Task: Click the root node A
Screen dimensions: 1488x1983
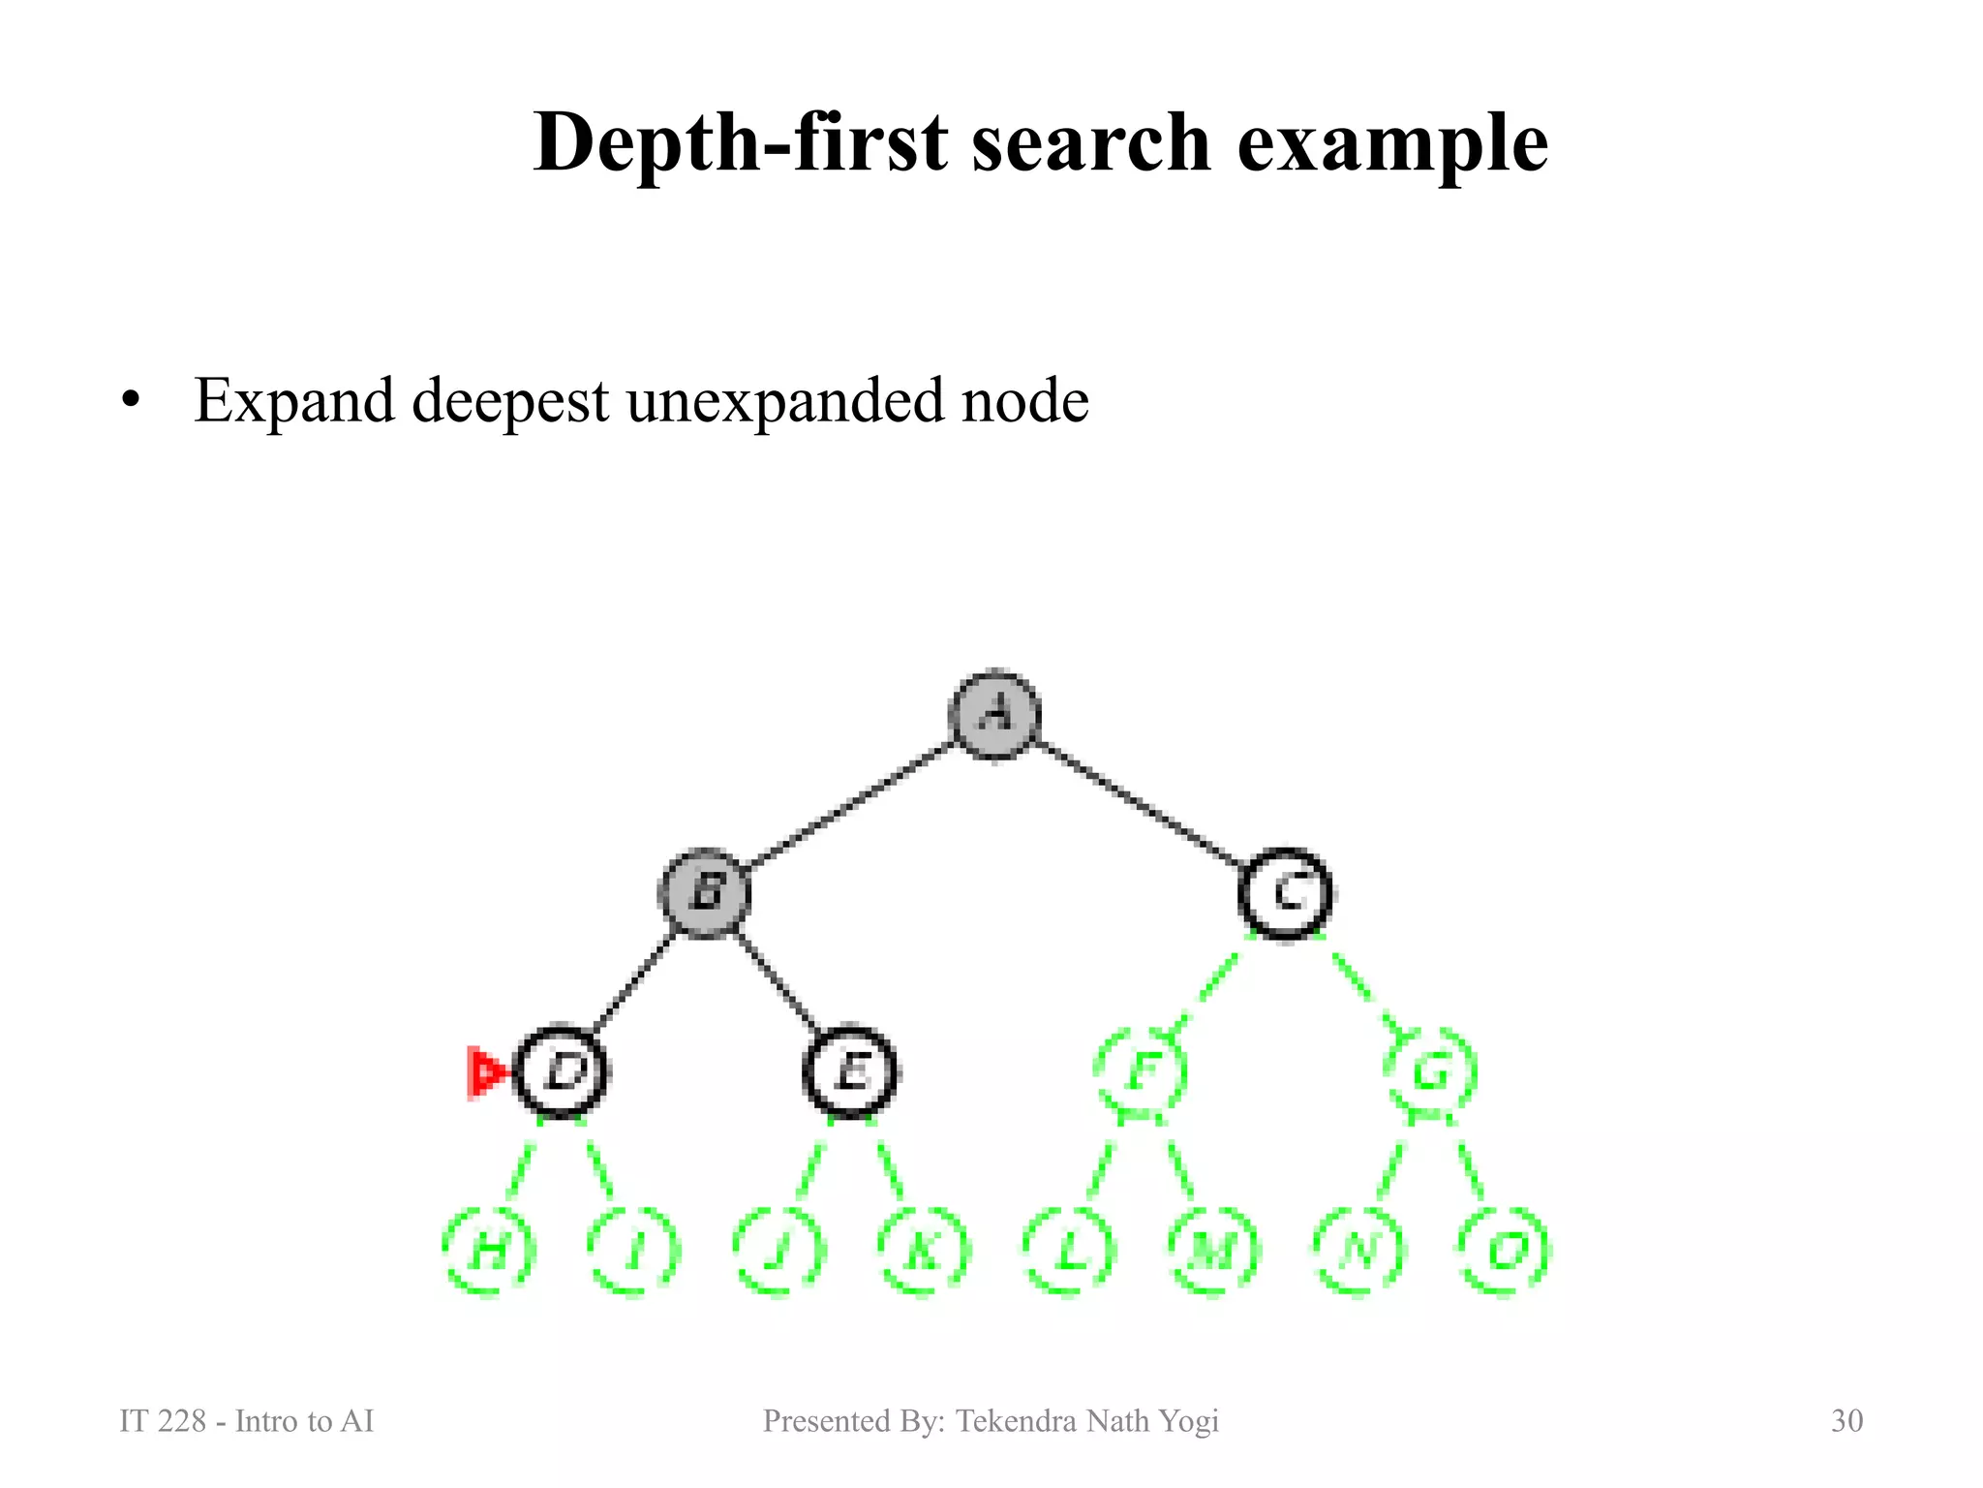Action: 994,715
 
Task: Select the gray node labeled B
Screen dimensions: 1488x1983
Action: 706,892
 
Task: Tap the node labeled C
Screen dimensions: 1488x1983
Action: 1286,892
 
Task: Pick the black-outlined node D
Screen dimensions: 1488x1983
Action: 562,1071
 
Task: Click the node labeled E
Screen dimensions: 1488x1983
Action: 850,1071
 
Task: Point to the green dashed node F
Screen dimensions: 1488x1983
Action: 1142,1071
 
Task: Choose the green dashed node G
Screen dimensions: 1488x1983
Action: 1431,1071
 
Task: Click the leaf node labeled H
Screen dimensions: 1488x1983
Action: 489,1252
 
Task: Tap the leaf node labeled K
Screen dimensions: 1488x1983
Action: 924,1252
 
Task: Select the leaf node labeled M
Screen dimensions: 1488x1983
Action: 1213,1252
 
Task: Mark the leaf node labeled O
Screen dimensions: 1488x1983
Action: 1504,1252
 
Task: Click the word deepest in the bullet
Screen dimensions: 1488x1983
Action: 510,400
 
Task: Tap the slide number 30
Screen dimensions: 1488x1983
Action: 1846,1420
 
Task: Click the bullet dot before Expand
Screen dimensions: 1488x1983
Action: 131,400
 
